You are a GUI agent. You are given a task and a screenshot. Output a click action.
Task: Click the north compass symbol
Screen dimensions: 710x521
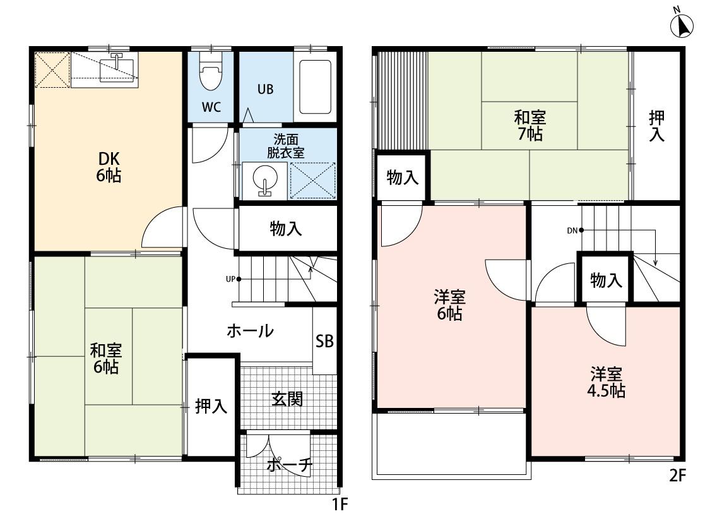(682, 25)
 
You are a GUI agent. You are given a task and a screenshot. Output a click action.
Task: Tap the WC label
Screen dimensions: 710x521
(211, 107)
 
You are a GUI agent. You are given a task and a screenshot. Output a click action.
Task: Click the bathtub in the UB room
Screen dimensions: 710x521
(315, 87)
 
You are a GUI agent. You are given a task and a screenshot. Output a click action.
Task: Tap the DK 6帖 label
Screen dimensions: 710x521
(109, 167)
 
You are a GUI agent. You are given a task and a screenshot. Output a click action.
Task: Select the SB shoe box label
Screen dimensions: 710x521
(324, 341)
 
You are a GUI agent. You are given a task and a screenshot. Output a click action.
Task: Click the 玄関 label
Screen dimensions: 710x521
(287, 399)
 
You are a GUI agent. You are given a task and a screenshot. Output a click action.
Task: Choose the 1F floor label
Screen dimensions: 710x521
(340, 504)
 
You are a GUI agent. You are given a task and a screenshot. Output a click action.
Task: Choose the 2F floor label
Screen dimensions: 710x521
(677, 476)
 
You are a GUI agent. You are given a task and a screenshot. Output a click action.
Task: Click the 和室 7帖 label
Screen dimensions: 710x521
(530, 126)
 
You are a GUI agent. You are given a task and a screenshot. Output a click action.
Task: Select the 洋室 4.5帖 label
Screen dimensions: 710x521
(606, 382)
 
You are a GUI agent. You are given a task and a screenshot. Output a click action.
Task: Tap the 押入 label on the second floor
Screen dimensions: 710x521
(656, 126)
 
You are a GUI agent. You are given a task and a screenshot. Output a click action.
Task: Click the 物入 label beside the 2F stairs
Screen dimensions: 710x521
(606, 280)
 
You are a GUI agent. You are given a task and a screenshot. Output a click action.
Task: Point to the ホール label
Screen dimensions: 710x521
(250, 331)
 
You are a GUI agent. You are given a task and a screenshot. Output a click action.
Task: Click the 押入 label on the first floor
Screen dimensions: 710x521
(211, 407)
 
